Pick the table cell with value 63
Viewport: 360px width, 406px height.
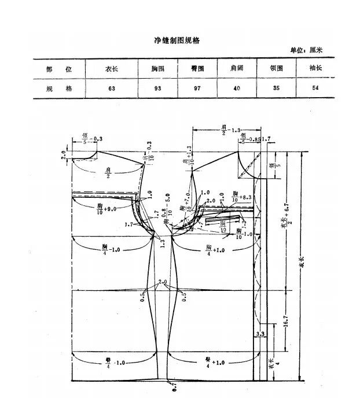click(x=109, y=88)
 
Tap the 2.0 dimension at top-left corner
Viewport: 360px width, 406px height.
click(x=64, y=154)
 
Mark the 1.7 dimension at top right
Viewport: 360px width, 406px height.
click(x=266, y=139)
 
